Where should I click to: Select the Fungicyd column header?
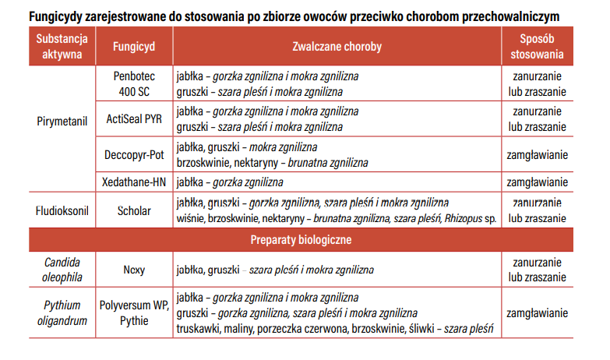coord(132,47)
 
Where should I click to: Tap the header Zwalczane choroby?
coord(337,47)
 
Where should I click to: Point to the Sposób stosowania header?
coord(537,47)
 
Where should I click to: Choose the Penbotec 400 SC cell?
coord(132,84)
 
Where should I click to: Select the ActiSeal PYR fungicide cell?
coord(132,119)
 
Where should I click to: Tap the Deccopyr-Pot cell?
coord(132,154)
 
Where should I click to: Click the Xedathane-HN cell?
coord(132,182)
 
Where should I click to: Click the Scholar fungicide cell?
coord(132,210)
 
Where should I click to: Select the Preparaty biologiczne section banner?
coord(301,239)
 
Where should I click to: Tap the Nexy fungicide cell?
coord(132,270)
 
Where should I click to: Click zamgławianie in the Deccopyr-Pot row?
coord(537,154)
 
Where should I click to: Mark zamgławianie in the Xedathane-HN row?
coord(537,182)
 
